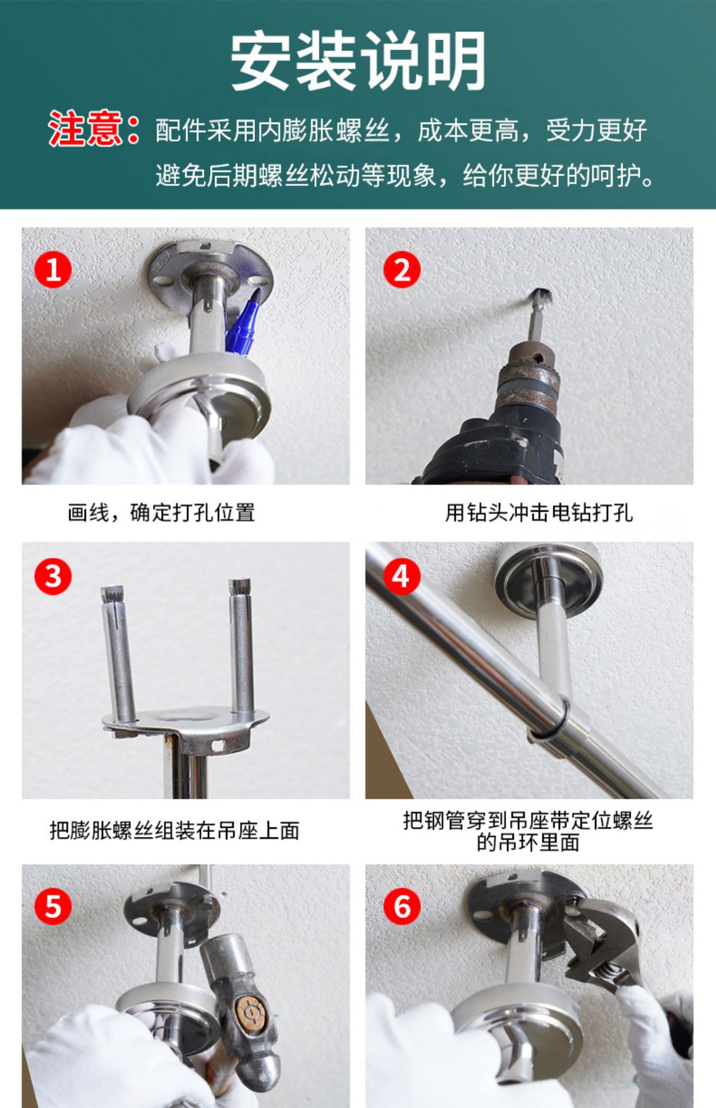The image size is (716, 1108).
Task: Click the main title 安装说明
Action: point(358,61)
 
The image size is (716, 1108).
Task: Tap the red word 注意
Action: point(85,129)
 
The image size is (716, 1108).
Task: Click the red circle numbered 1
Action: point(53,269)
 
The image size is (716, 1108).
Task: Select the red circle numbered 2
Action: point(402,269)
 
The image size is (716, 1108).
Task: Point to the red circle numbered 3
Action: point(53,576)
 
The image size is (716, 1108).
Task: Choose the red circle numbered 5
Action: point(53,907)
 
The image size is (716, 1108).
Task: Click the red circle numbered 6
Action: point(402,907)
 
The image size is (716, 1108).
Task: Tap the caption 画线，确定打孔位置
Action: point(161,512)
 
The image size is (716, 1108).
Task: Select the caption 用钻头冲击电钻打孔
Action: point(539,512)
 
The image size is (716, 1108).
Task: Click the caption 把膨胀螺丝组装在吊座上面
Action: point(174,830)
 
